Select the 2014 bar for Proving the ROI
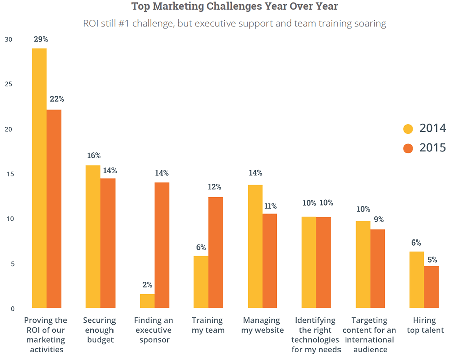[39, 178]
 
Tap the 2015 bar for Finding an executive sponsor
[162, 245]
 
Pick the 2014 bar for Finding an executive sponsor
[147, 301]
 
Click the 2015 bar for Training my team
[216, 253]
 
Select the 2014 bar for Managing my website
[255, 246]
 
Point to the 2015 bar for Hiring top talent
[431, 287]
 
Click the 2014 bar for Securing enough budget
[93, 236]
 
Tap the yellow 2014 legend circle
[408, 129]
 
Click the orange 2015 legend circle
[408, 148]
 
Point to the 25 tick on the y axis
[7, 84]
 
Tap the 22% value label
[56, 99]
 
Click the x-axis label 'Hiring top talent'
[424, 325]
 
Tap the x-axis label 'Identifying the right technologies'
[316, 335]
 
